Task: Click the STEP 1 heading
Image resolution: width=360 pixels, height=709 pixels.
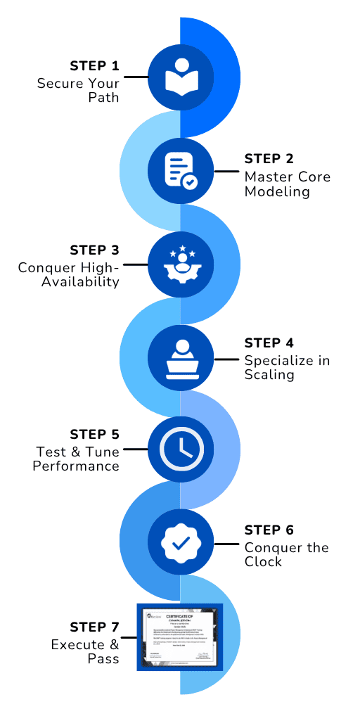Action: tap(94, 66)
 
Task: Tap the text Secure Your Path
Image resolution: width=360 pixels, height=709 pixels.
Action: tap(78, 90)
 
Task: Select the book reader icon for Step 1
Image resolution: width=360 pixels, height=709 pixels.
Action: tap(181, 78)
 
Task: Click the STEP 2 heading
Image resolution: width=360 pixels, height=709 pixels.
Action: tap(269, 158)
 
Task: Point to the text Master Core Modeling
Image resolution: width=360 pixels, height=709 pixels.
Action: tap(287, 183)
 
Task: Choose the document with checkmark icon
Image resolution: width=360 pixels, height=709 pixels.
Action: tap(181, 171)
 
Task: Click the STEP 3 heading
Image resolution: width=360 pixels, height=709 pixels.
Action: tap(94, 250)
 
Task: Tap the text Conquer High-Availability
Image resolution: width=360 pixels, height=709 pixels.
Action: tap(69, 274)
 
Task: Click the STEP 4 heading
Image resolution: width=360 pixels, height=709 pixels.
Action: tap(269, 343)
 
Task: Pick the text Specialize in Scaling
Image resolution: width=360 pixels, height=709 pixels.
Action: tap(287, 367)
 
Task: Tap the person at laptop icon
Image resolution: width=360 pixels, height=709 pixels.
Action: tap(181, 357)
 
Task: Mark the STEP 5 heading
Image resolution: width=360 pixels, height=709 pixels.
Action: tap(94, 434)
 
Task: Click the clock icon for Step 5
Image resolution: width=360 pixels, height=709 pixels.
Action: tap(181, 448)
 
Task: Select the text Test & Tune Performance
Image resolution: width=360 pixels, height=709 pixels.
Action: tap(76, 459)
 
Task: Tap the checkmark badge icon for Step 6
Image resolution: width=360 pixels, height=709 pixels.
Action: tap(181, 542)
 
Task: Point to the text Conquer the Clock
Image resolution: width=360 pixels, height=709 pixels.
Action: tap(286, 554)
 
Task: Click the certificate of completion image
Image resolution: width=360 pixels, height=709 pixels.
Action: tap(179, 636)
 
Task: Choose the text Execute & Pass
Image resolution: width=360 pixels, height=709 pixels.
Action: tap(84, 651)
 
